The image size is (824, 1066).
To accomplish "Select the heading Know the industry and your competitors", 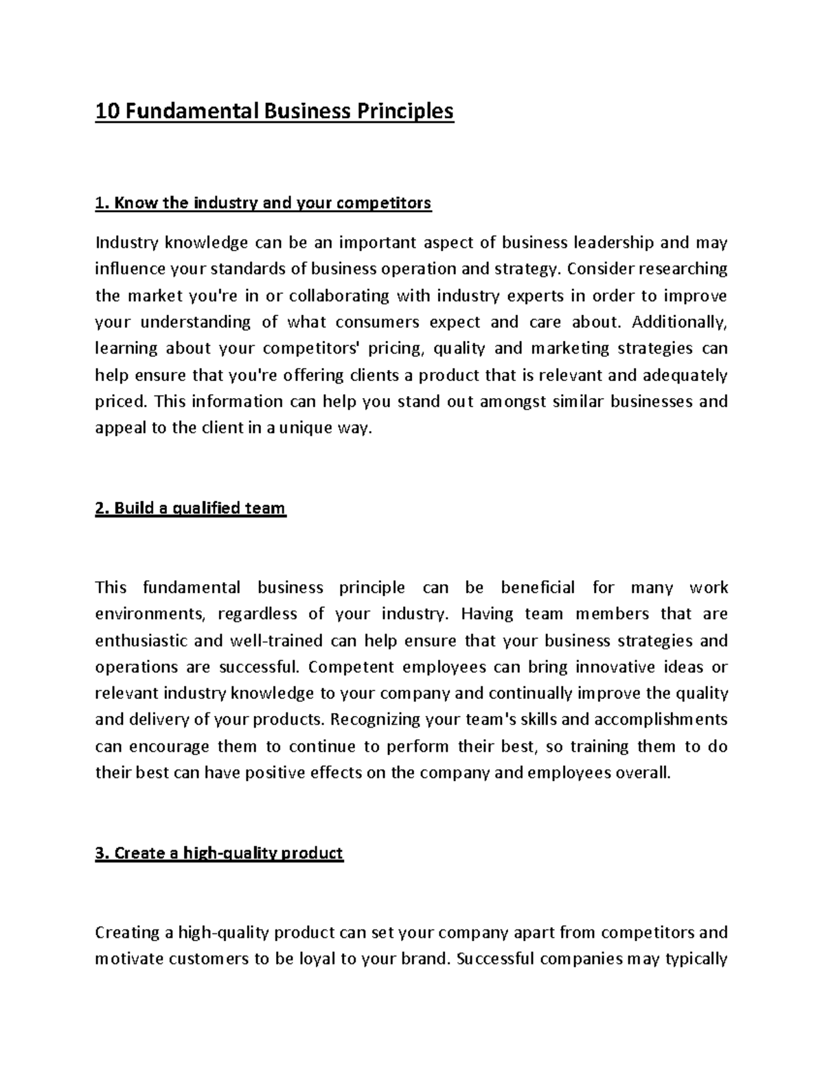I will coord(263,203).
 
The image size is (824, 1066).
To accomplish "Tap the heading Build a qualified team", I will coord(190,508).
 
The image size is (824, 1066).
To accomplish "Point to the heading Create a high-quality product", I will coord(219,853).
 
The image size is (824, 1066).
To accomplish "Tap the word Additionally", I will coord(679,322).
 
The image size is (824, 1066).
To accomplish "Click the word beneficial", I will coord(538,588).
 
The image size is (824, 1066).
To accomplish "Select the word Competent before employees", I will coord(352,667).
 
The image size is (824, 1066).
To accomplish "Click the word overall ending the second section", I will coord(645,773).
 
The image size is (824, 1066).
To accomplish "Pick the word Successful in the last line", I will coord(494,958).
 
